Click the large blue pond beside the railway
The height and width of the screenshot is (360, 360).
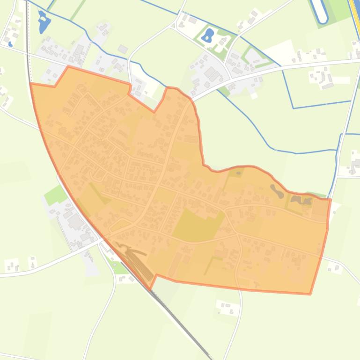click(44, 23)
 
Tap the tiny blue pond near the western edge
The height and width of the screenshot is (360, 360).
click(10, 44)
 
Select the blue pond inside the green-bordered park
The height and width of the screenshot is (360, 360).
click(209, 34)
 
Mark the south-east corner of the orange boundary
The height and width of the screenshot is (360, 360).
click(310, 294)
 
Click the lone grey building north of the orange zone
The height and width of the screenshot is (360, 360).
click(123, 49)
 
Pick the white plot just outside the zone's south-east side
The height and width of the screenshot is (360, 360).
click(333, 267)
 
